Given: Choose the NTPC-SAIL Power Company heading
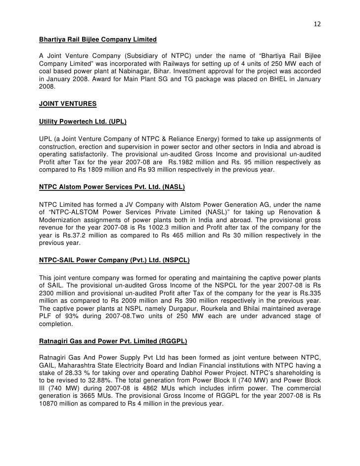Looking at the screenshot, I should (x=114, y=259).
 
